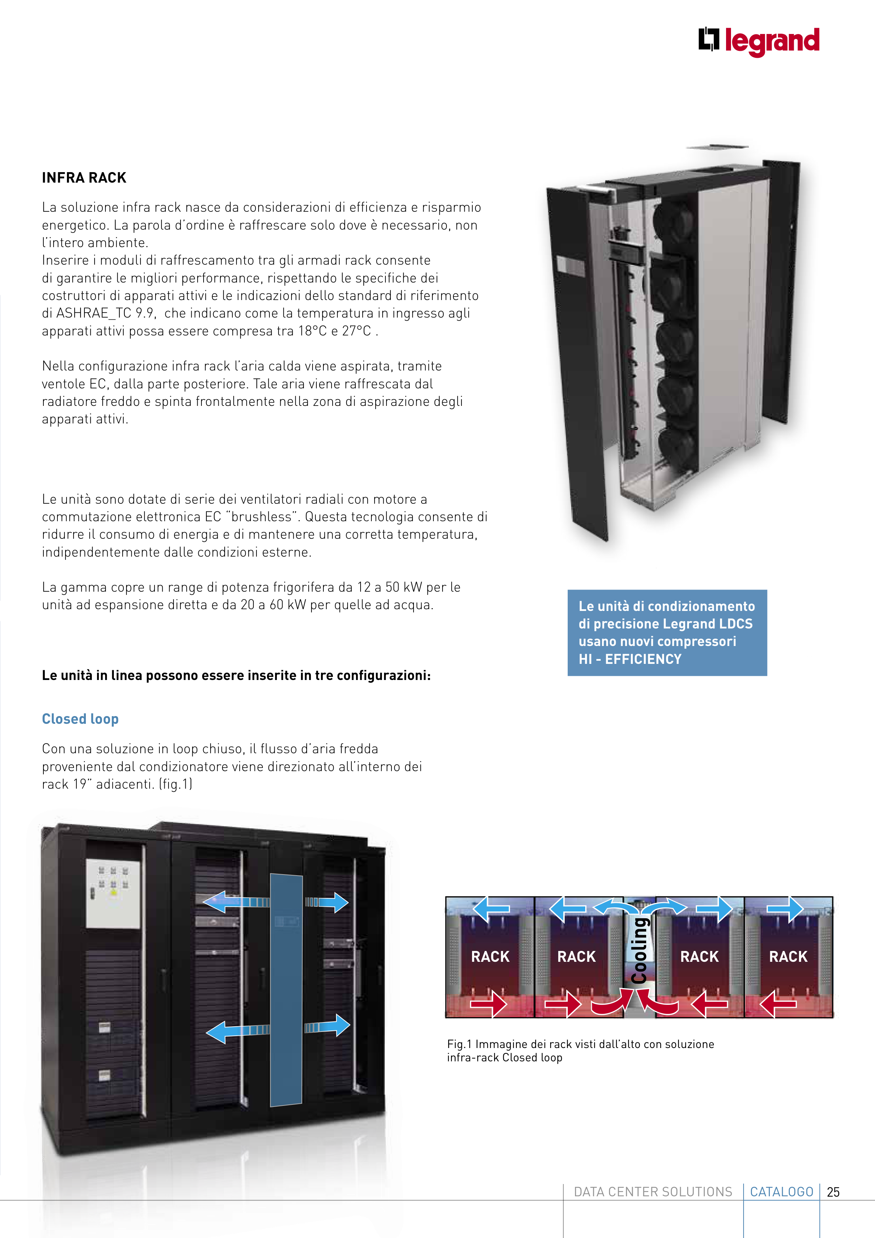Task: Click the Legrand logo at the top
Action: [759, 41]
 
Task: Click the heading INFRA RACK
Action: [84, 178]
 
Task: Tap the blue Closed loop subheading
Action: [80, 719]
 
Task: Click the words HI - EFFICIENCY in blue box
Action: [630, 659]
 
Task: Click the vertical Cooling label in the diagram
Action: [640, 950]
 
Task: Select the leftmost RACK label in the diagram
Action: [490, 957]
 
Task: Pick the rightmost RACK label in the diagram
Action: [788, 957]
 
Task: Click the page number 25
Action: [833, 1192]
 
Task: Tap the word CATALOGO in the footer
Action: [781, 1192]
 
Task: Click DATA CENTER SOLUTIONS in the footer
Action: [653, 1192]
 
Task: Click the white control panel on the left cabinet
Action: [113, 894]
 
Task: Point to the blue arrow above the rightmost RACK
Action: [786, 909]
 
